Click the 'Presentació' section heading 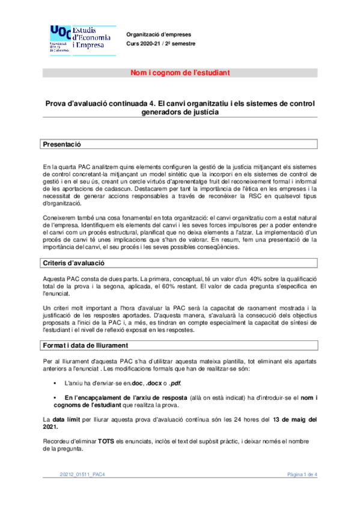(x=62, y=145)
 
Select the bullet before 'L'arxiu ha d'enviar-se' (x=55, y=382)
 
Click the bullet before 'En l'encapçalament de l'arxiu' (x=55, y=398)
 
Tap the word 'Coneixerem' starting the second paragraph (x=59, y=217)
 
